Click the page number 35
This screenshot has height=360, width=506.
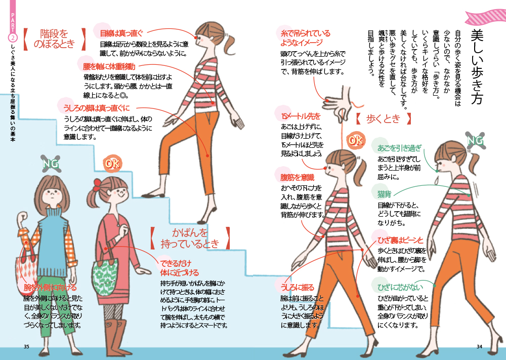point(26,346)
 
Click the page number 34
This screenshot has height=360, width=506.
point(479,346)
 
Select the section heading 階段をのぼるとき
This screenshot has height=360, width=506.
point(54,38)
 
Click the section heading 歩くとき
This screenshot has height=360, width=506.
point(383,118)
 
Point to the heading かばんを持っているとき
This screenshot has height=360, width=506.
point(190,238)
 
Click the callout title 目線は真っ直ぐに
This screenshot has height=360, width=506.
point(121,33)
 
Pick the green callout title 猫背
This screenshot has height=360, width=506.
point(384,194)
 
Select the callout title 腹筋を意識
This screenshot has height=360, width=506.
point(297,177)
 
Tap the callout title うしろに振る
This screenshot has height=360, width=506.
point(297,287)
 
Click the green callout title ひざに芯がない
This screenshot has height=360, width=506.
point(400,287)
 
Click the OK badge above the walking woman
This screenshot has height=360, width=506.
point(356,140)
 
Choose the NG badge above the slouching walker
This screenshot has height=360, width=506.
point(475,140)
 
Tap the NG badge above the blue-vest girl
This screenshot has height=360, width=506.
point(51,164)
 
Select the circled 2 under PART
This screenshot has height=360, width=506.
point(13,38)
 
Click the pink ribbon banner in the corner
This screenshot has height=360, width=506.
point(486,17)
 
